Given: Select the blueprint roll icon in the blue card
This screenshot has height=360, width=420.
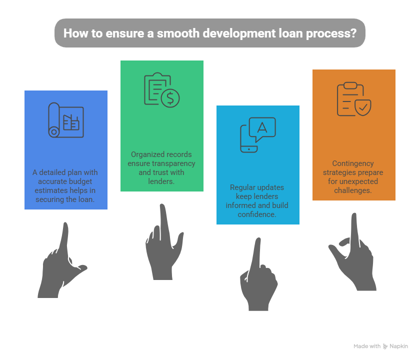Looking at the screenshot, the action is (x=66, y=120).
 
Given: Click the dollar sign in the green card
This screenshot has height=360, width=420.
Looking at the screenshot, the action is (x=170, y=98).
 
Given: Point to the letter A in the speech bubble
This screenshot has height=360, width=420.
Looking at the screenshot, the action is (x=262, y=127).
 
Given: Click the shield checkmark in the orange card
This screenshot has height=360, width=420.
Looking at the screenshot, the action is (x=363, y=107).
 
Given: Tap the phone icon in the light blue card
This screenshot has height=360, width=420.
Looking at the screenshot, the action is (x=248, y=139).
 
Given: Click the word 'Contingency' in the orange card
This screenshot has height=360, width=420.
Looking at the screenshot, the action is (x=353, y=163).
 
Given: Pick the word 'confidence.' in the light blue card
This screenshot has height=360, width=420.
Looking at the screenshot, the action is (x=257, y=214).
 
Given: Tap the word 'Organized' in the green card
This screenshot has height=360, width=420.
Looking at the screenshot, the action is (x=146, y=155).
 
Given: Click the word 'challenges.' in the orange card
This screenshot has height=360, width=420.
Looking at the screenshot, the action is (x=353, y=190).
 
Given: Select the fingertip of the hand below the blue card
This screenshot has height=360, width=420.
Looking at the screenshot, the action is (x=65, y=224).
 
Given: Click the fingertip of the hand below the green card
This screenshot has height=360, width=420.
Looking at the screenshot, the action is (x=162, y=205).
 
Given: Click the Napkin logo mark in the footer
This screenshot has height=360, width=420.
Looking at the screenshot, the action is (x=385, y=346).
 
